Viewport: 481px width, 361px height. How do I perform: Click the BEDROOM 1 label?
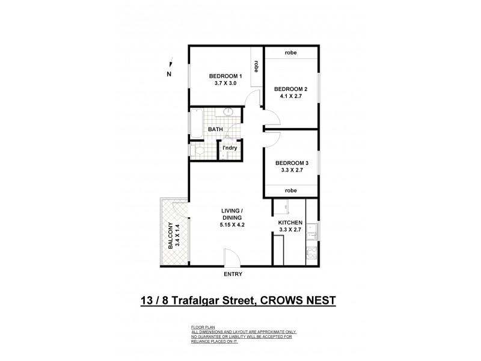225,76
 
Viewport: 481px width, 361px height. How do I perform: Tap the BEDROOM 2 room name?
290,89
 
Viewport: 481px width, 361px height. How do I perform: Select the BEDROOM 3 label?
292,162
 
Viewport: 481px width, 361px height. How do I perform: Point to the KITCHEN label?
290,223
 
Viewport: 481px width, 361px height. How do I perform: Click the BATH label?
215,129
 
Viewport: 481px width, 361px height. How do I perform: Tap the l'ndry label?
228,148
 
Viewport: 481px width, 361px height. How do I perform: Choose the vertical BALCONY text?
170,236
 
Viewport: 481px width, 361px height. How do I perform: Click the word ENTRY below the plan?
232,274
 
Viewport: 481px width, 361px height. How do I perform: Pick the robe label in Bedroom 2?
291,52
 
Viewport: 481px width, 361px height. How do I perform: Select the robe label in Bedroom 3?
291,190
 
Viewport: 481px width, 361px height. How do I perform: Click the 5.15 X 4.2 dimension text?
231,226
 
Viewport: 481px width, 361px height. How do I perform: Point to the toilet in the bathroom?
194,150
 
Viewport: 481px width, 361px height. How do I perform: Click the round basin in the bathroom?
228,113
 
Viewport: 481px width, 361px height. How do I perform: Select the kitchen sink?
311,229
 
